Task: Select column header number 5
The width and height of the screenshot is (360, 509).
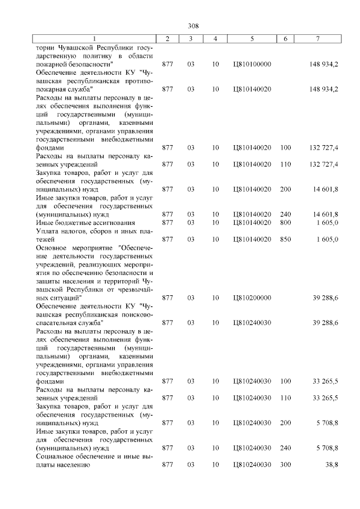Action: [x=251, y=38]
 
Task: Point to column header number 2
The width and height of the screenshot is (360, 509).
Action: [x=168, y=38]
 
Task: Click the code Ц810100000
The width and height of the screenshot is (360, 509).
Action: [x=251, y=65]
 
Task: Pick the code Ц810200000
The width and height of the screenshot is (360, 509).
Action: [x=251, y=298]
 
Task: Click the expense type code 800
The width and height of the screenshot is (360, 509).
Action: [x=285, y=223]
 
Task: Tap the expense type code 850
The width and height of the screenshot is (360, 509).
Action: [x=285, y=240]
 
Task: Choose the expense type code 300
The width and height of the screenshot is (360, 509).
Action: [x=285, y=465]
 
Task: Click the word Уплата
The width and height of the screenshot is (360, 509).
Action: [x=47, y=231]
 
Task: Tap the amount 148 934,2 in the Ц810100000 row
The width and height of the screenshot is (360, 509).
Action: [x=323, y=65]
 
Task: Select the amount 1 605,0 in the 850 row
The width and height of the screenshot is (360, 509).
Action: [x=326, y=240]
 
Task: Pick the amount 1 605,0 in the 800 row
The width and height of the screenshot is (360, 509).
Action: [x=326, y=223]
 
